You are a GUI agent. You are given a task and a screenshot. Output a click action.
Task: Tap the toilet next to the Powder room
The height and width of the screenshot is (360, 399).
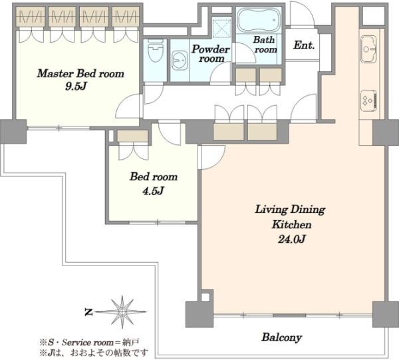(155, 51)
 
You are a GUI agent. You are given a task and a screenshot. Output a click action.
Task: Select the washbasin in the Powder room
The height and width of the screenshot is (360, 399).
(180, 60)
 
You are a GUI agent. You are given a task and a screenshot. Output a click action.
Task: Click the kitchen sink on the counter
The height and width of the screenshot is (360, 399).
(368, 49)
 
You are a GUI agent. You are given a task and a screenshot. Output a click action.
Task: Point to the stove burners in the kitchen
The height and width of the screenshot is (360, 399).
(368, 100)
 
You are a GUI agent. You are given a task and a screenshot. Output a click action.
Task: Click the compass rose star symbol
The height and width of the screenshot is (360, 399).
(122, 312)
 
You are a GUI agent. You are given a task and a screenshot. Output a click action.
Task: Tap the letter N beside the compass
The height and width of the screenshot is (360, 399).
(88, 312)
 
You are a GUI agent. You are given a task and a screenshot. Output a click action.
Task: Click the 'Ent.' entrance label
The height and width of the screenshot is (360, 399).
(304, 45)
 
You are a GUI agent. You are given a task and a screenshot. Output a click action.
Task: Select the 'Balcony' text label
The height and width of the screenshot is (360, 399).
(281, 337)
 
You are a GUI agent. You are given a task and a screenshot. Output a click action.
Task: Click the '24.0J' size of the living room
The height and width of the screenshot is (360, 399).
(292, 240)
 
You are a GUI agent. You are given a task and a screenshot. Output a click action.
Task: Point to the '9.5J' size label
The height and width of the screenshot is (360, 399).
(76, 87)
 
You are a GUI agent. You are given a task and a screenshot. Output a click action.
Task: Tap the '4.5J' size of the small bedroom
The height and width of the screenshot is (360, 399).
(153, 190)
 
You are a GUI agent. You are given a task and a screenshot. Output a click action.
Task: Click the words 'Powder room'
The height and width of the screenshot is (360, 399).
(211, 53)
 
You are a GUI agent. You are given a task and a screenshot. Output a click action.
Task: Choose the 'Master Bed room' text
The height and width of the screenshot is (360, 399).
(80, 74)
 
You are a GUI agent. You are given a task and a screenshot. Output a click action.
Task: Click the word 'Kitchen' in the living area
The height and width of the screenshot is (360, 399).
(292, 225)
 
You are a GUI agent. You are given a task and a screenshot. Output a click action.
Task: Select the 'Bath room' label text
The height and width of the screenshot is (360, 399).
(265, 45)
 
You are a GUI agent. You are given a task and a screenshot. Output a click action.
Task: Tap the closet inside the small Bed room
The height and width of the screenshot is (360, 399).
(132, 136)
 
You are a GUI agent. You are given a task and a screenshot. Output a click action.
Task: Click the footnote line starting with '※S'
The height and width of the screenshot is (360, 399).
(89, 343)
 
